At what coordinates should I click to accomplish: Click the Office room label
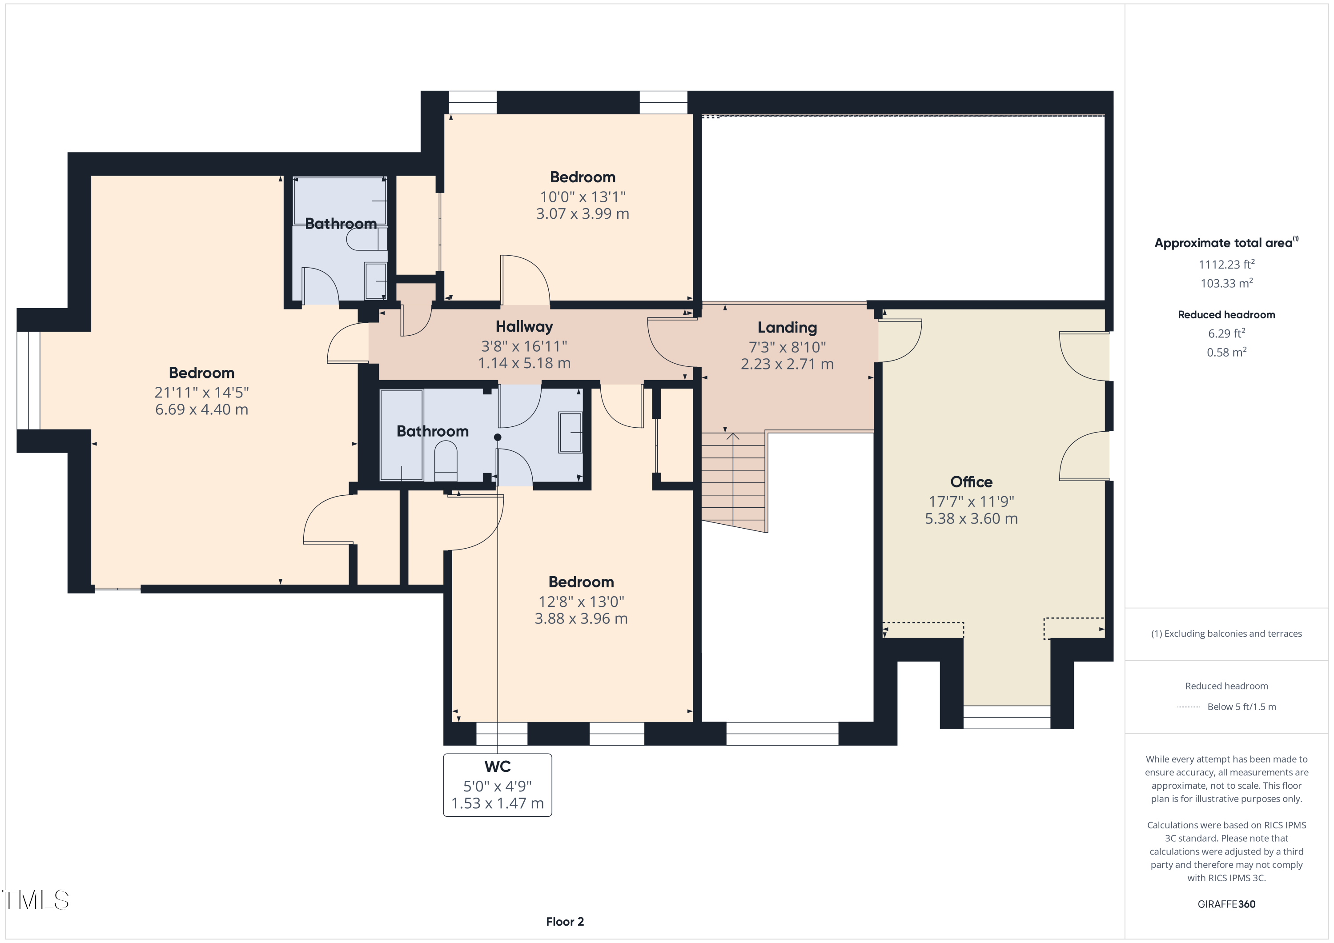971,482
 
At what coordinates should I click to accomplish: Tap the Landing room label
787,328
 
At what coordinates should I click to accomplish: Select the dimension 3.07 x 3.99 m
582,214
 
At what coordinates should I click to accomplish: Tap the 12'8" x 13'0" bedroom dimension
581,602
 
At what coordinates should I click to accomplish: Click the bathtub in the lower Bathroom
401,435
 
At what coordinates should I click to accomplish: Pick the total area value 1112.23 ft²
1226,265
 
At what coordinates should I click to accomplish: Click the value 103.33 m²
1226,284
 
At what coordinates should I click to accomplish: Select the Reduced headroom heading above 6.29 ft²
1226,315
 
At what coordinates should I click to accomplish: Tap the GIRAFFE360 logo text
1226,904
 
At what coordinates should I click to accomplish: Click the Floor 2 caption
565,922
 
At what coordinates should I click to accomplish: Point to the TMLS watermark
36,899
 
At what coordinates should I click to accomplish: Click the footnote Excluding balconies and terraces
1226,633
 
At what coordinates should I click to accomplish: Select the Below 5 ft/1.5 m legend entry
1241,706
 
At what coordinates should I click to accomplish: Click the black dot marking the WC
497,437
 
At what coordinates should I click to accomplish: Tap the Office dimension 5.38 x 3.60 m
971,518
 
